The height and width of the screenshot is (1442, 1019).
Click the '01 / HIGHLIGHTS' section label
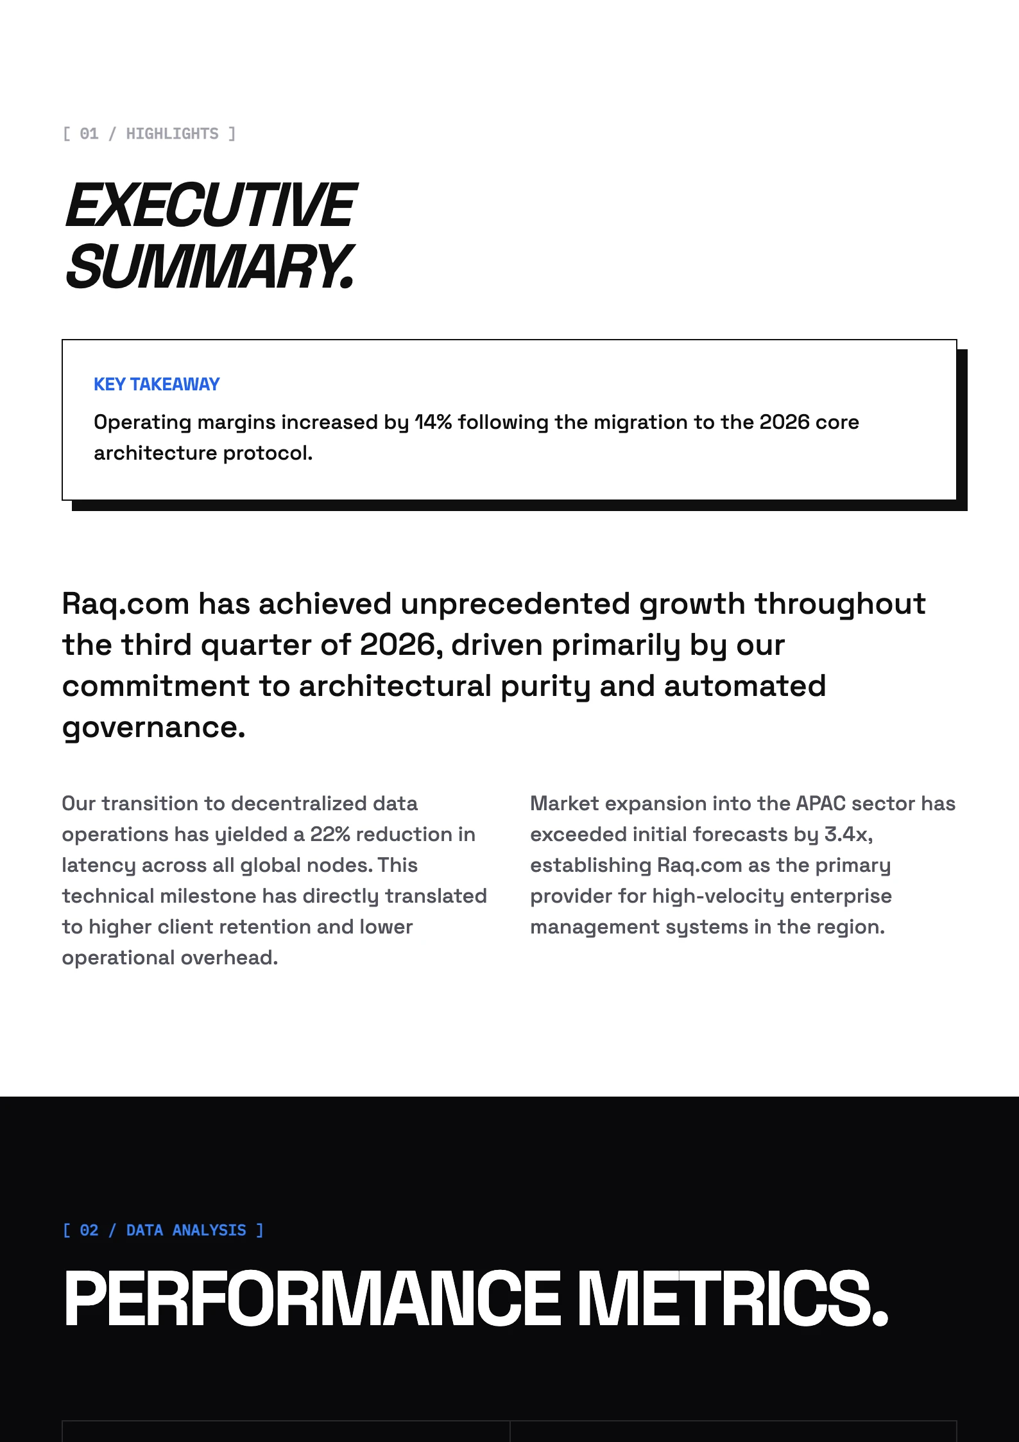pyautogui.click(x=149, y=134)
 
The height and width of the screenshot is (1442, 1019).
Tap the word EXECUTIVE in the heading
pyautogui.click(x=211, y=205)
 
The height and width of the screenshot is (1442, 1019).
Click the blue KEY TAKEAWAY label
pyautogui.click(x=157, y=384)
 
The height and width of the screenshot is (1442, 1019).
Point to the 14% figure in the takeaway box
pyautogui.click(x=433, y=422)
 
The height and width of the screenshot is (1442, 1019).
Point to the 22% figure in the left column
pyautogui.click(x=330, y=834)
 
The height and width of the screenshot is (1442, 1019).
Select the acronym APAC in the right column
pyautogui.click(x=821, y=803)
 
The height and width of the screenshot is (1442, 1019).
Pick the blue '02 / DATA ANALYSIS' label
pyautogui.click(x=163, y=1230)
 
